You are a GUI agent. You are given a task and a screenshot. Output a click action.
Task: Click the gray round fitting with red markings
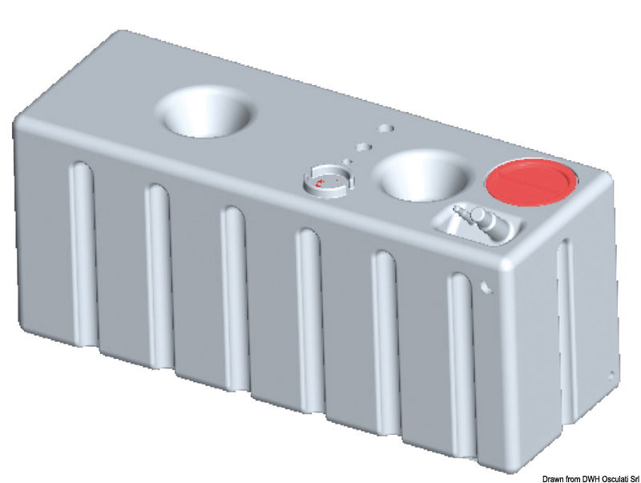(328, 182)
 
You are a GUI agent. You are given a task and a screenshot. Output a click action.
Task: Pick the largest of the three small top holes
(386, 128)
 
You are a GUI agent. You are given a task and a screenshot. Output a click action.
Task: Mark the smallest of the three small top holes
(349, 160)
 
